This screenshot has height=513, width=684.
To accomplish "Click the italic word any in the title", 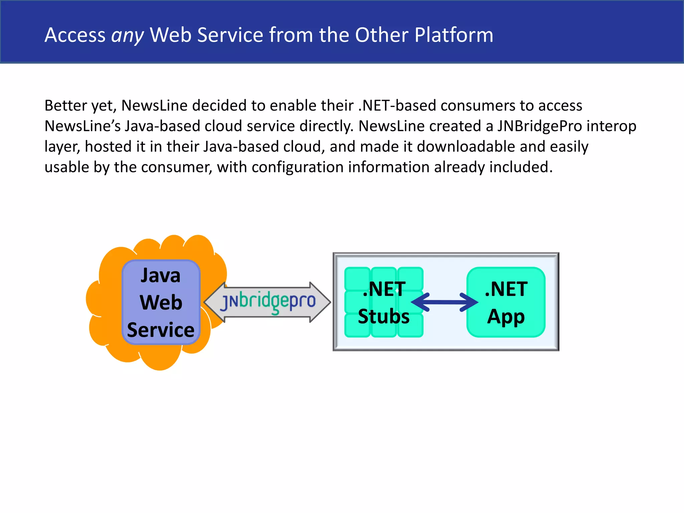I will click(x=127, y=35).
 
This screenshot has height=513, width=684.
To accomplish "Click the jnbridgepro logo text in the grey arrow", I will click(x=268, y=301).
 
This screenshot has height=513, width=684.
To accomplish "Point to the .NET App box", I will click(x=506, y=302).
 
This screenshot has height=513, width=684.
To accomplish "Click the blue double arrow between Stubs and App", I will click(x=444, y=302).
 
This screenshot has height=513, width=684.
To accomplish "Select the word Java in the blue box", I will click(x=160, y=276).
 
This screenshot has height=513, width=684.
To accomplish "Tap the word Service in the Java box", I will click(x=161, y=330).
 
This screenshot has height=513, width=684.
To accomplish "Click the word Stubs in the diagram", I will click(x=383, y=317).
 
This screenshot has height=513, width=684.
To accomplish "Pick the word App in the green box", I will click(x=506, y=317).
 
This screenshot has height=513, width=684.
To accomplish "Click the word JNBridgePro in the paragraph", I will click(x=539, y=126).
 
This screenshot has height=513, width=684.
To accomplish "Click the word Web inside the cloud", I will click(x=161, y=303).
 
